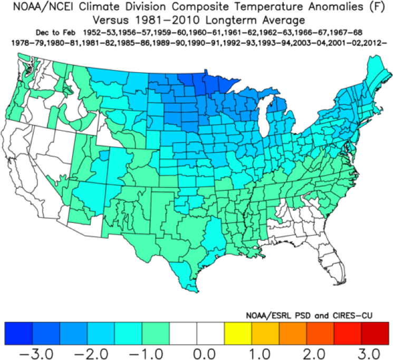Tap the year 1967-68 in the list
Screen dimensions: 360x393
[x=344, y=32]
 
